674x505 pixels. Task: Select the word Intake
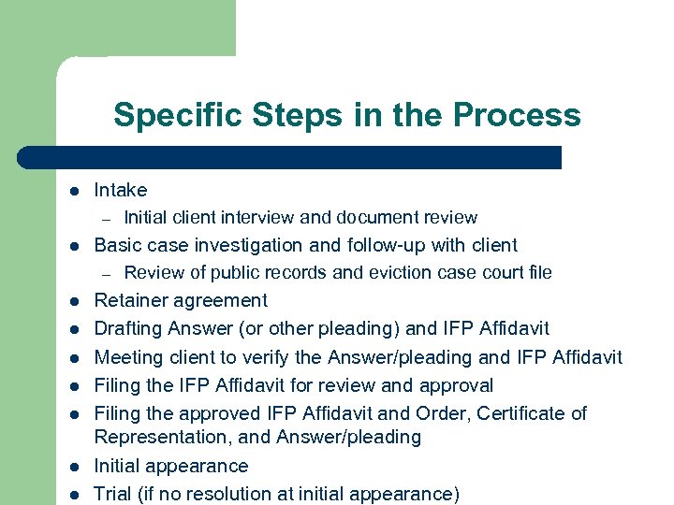point(121,190)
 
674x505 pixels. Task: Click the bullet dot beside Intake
point(72,191)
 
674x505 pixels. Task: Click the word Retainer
point(130,300)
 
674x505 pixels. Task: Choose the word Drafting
point(128,328)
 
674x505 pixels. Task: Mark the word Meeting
point(127,356)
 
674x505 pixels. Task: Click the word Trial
point(112,493)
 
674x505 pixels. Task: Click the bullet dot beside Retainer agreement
point(72,301)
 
